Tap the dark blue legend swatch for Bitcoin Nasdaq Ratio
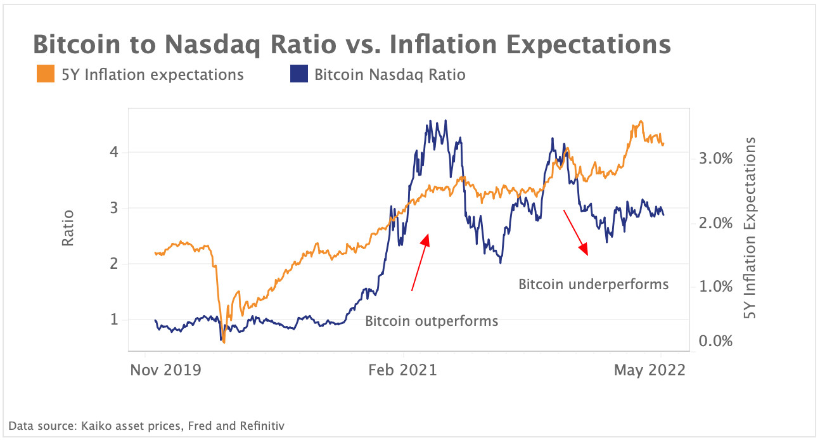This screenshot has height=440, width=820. click(297, 75)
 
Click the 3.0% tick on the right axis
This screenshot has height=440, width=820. click(715, 159)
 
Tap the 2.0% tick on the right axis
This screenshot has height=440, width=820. click(715, 223)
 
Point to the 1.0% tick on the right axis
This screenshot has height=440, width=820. click(715, 286)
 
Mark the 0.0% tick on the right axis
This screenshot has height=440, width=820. click(715, 342)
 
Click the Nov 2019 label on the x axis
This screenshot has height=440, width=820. click(165, 370)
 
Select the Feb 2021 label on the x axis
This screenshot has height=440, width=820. click(404, 370)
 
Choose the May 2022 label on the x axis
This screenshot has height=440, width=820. click(650, 370)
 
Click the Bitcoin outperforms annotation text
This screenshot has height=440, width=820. click(432, 321)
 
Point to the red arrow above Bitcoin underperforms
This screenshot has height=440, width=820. click(576, 232)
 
